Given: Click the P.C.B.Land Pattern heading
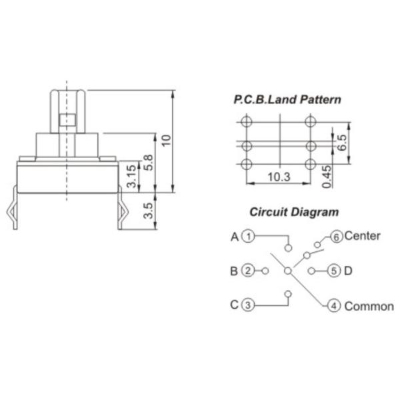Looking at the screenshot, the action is (x=287, y=100).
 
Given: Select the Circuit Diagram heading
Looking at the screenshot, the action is (x=294, y=213).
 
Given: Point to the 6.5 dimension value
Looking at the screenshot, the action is (x=341, y=141).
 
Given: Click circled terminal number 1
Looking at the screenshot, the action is (x=248, y=236).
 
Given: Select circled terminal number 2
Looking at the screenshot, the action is (x=248, y=271).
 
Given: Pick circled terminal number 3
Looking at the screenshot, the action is (x=248, y=305).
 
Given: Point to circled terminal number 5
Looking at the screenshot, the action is (x=334, y=271).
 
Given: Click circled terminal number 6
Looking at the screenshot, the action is (x=336, y=236).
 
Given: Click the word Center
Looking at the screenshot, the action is (x=363, y=236).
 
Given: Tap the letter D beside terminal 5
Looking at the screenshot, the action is (x=348, y=271).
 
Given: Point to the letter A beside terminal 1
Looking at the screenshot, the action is (x=235, y=236).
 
